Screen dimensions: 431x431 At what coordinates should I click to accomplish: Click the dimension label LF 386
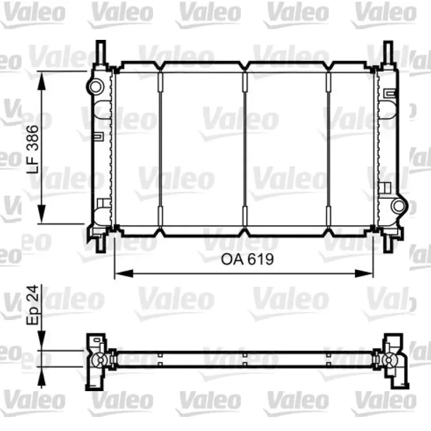[x=33, y=149]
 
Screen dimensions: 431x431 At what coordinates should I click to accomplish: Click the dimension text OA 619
[x=247, y=259]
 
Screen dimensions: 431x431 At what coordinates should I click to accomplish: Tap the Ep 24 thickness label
[x=33, y=305]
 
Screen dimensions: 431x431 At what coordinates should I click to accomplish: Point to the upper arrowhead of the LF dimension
[x=41, y=82]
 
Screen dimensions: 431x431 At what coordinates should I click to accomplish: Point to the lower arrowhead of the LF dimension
[x=41, y=213]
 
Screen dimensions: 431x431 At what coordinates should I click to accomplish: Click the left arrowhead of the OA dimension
[x=124, y=274]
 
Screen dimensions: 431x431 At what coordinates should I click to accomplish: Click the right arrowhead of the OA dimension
[x=364, y=274]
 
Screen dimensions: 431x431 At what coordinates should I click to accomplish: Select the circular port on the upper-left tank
[x=96, y=87]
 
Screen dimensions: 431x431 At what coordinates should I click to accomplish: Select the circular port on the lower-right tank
[x=399, y=206]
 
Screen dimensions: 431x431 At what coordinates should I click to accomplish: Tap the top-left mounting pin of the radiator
[x=101, y=52]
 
